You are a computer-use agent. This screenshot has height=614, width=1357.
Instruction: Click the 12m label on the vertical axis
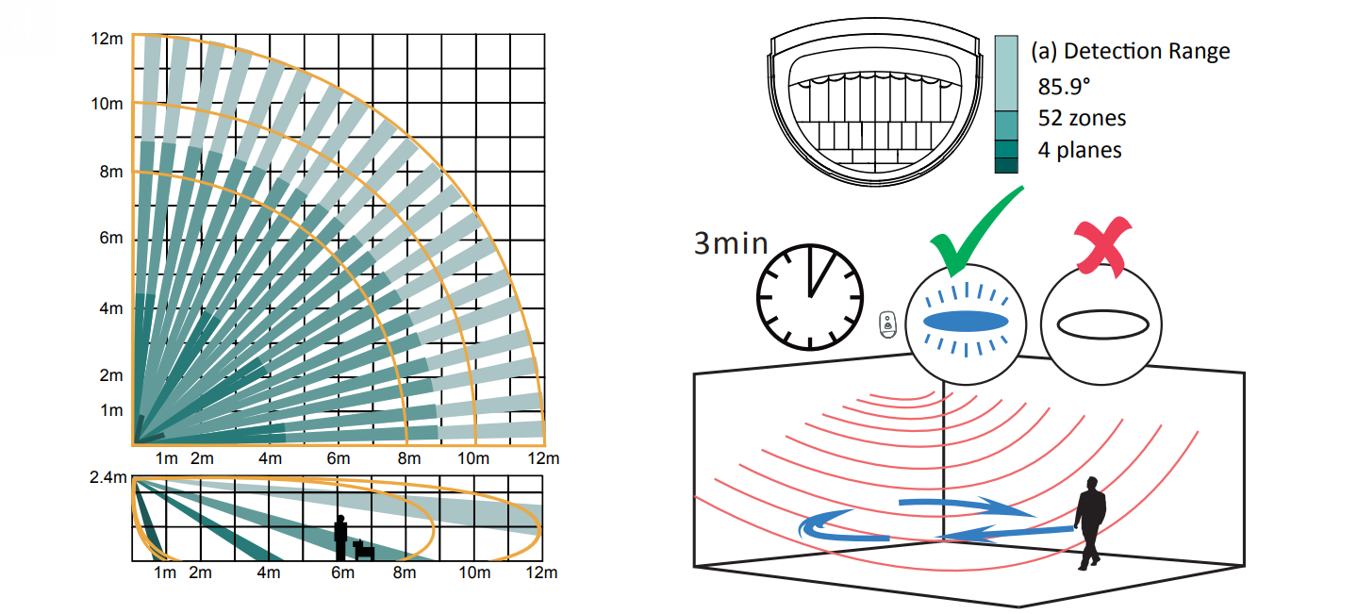pos(107,39)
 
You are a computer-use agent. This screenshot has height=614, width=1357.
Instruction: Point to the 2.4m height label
pos(108,477)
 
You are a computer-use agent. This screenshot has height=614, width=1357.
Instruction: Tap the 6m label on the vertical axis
pos(111,238)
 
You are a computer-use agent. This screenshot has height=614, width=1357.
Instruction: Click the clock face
pos(810,297)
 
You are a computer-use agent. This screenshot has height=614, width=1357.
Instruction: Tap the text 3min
pos(731,243)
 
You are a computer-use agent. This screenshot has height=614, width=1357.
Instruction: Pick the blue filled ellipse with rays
pos(966,321)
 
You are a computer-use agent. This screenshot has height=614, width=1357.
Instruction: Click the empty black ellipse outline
pos(1102,324)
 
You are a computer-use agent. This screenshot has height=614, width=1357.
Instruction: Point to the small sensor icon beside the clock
pos(887,324)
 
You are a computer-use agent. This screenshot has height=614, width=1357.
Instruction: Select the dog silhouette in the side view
pos(363,550)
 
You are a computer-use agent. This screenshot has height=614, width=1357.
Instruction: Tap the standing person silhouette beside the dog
pos(341,538)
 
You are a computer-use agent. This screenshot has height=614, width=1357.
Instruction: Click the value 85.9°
pos(1064,87)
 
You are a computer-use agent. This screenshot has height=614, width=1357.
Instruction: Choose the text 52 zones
pos(1082,118)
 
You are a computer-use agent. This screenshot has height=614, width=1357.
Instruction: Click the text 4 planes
pos(1080,150)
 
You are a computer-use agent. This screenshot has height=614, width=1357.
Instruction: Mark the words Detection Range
pos(1147,51)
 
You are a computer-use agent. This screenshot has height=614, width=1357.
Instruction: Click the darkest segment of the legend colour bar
pos(1006,165)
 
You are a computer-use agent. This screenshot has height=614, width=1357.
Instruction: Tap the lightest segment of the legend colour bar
pos(1006,74)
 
